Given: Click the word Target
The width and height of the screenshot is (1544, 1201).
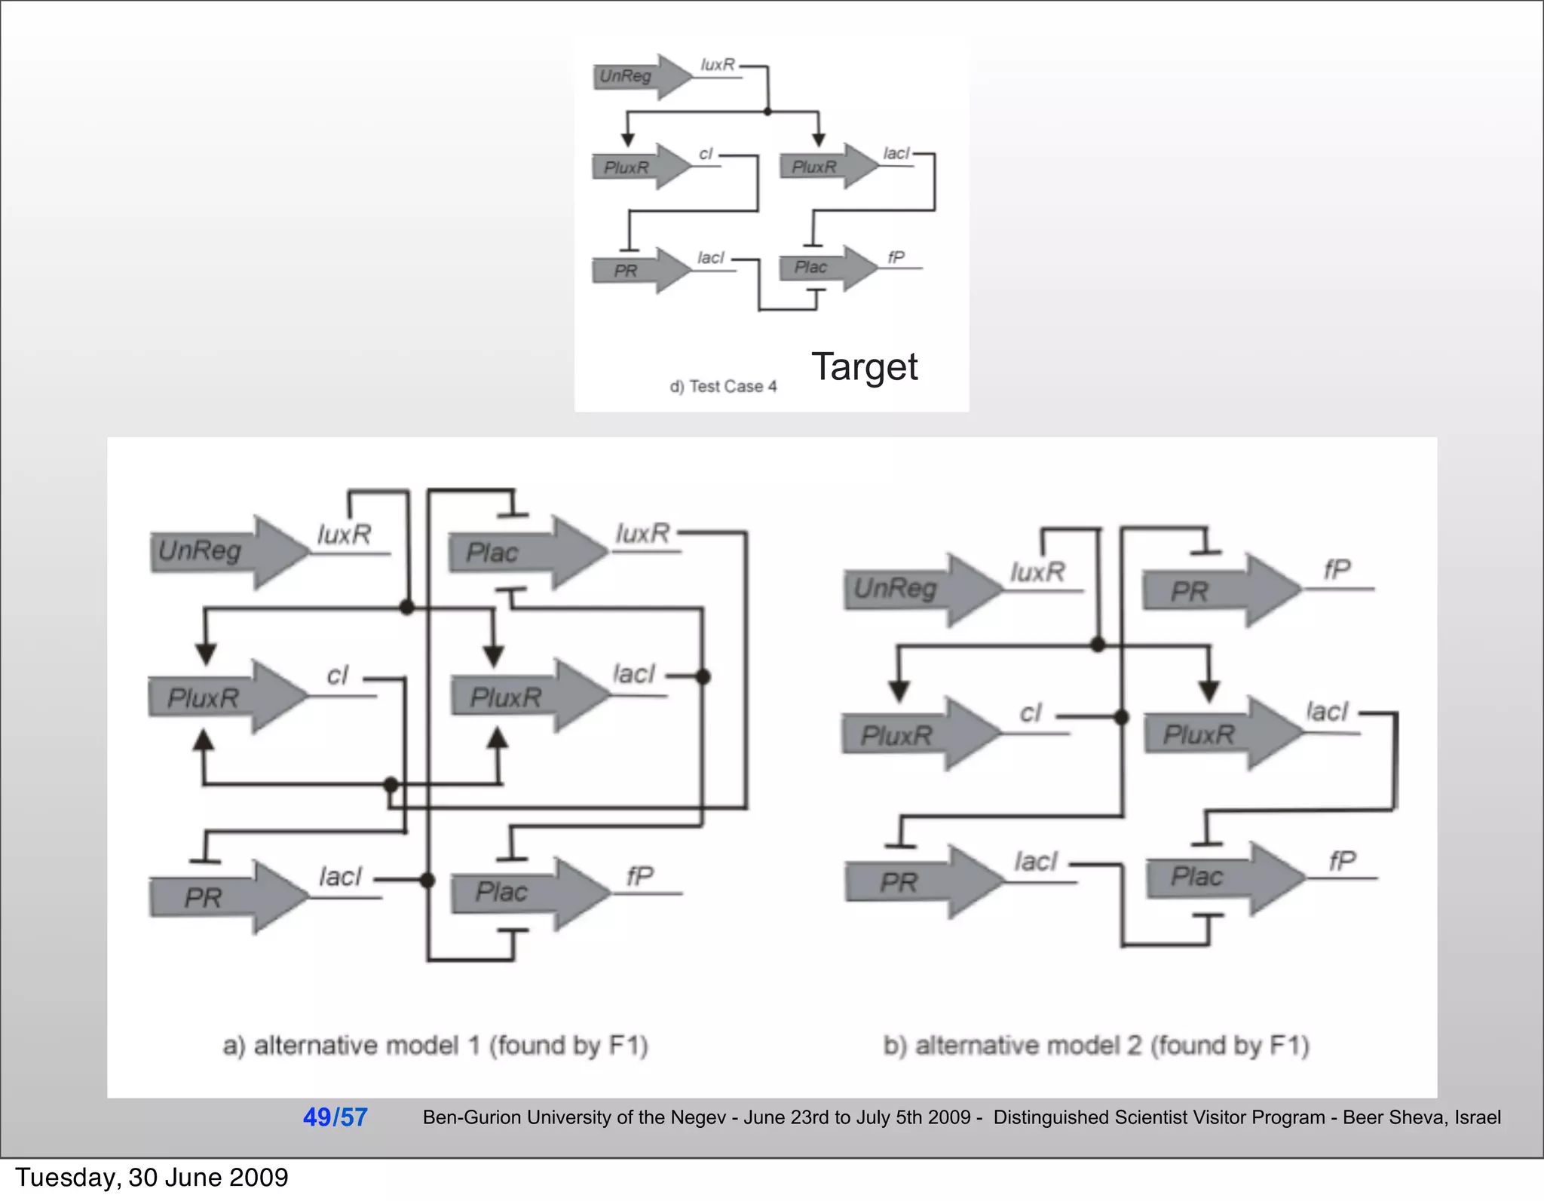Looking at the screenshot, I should pyautogui.click(x=864, y=367).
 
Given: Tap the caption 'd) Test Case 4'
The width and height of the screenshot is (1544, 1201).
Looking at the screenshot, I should pyautogui.click(x=723, y=387).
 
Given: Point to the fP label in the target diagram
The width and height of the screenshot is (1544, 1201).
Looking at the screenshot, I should pyautogui.click(x=896, y=258).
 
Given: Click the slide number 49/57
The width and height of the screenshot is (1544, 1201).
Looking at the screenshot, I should pyautogui.click(x=335, y=1117).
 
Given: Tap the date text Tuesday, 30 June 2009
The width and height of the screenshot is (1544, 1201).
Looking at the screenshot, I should pyautogui.click(x=152, y=1178).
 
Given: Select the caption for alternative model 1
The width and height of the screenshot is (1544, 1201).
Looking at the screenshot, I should pyautogui.click(x=435, y=1046).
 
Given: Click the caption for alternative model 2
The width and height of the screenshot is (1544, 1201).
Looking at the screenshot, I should pyautogui.click(x=1096, y=1046).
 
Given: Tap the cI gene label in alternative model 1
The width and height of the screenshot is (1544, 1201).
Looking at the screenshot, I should pyautogui.click(x=338, y=675).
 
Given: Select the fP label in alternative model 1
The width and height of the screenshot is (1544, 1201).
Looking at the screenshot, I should pyautogui.click(x=639, y=876).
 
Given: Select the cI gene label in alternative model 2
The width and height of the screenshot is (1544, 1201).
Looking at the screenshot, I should pyautogui.click(x=1030, y=712).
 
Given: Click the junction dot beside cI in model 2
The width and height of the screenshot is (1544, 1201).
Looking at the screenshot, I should pyautogui.click(x=1121, y=717).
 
